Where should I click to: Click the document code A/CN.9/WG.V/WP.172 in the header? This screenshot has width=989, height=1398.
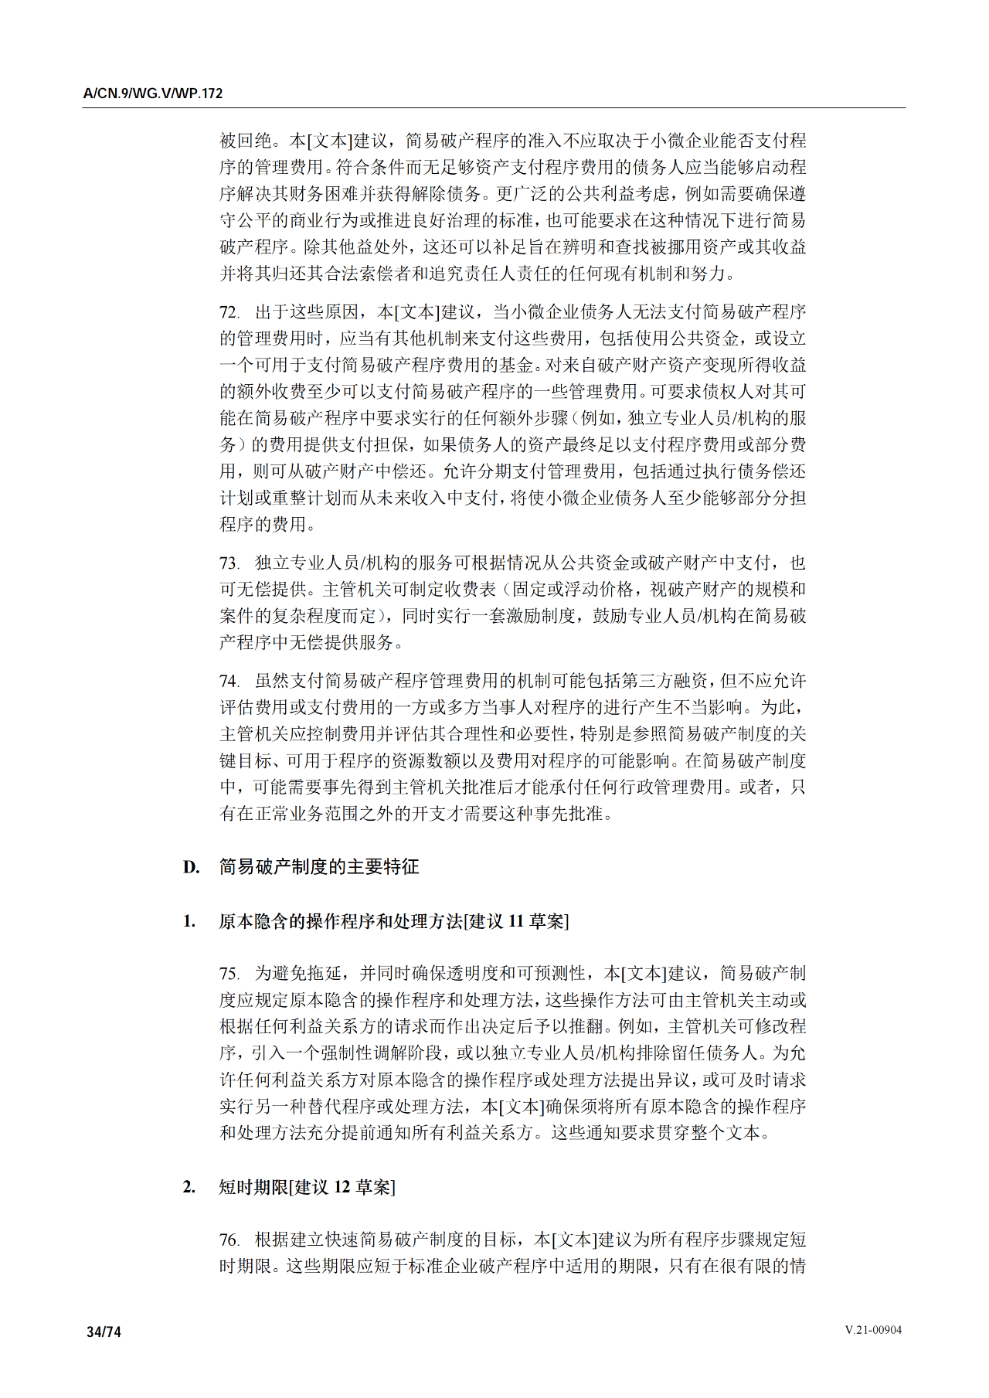pos(153,94)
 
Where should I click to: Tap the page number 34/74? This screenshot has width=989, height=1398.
pos(104,1332)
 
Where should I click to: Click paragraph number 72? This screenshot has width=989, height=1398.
pos(229,312)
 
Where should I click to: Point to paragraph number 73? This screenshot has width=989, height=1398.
pos(229,563)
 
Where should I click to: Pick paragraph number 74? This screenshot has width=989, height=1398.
pos(229,682)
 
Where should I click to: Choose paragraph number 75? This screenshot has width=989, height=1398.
pos(229,974)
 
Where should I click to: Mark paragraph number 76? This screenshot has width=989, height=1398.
pos(229,1240)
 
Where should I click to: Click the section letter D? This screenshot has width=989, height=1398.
pos(191,867)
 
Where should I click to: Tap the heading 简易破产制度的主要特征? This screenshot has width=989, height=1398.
pos(319,867)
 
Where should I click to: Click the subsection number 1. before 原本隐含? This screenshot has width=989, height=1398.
pos(189,921)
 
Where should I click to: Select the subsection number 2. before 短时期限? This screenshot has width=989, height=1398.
pos(189,1187)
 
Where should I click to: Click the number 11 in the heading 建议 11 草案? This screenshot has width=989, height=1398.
pos(515,921)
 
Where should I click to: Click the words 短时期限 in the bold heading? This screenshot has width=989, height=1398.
pos(253,1187)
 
